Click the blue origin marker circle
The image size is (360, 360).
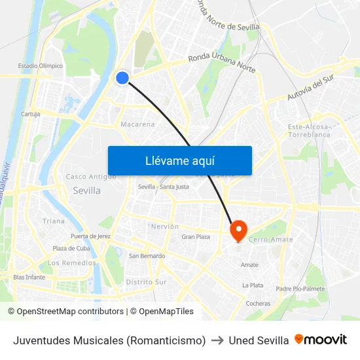[x=122, y=78]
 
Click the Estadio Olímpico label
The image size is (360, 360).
[x=41, y=66]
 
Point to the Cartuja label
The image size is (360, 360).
[x=30, y=114]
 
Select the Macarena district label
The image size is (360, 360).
[x=138, y=124]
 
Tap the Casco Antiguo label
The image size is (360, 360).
[x=91, y=177]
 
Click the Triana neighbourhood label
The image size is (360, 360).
[x=54, y=221]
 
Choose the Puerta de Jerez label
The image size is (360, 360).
[x=91, y=236]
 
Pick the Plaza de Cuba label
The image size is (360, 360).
[x=71, y=249]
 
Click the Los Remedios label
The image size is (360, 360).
[x=72, y=263]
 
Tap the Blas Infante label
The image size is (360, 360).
[x=29, y=277]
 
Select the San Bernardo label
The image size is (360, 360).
[x=147, y=256]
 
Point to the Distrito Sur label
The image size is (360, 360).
[x=146, y=282]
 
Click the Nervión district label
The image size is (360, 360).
[x=165, y=226]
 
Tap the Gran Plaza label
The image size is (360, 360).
[x=196, y=237]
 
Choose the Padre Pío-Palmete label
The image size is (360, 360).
[x=300, y=289]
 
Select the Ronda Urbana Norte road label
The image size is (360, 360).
[x=221, y=63]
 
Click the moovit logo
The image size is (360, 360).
[x=321, y=340]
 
